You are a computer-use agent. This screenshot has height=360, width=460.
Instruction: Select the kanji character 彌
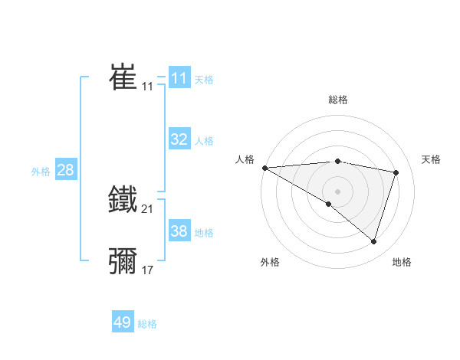point(123,260)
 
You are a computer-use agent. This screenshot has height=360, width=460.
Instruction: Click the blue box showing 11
point(179,78)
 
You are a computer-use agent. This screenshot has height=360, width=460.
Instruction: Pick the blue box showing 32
point(179,139)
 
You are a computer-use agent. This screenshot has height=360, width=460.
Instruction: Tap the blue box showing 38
point(179,231)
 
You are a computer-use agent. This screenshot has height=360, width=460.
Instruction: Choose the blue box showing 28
point(65,170)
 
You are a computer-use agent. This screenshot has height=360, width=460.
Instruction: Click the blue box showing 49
point(122,322)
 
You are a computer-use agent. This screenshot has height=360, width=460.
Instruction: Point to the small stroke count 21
point(148,209)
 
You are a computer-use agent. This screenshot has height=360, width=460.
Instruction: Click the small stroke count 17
point(148,270)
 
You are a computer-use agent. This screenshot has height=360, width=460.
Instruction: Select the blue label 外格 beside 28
point(41,172)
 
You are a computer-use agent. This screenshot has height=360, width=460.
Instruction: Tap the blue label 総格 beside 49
point(147,324)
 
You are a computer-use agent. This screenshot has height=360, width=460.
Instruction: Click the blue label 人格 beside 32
point(204,141)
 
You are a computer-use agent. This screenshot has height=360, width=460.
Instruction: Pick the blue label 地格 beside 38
point(204,233)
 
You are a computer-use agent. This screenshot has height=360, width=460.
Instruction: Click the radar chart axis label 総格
point(337,100)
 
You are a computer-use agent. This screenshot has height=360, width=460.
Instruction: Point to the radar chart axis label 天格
point(432,159)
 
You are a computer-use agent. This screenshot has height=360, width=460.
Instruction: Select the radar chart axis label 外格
point(270,262)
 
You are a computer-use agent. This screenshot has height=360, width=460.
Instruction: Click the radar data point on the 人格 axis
point(264,168)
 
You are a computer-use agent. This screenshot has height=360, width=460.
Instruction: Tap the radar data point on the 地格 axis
point(374,242)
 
